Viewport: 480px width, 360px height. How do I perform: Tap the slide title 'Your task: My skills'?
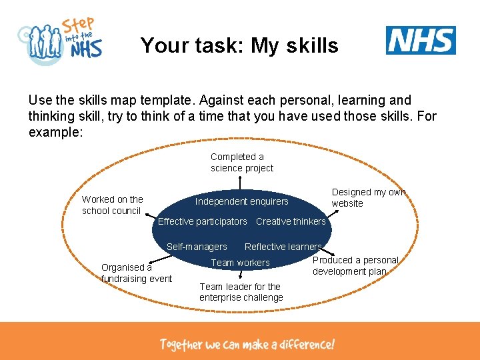[x=239, y=45]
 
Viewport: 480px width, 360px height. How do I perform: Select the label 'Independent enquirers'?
[x=242, y=201]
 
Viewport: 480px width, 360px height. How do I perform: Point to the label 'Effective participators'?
[x=202, y=221]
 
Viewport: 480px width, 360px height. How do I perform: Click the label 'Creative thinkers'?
[x=291, y=221]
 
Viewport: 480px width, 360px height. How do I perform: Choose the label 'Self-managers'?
[x=197, y=247]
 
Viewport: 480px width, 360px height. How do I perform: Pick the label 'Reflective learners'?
[x=283, y=247]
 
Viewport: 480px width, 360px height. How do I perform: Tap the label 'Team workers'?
[x=240, y=263]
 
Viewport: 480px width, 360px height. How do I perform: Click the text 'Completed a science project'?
[x=242, y=163]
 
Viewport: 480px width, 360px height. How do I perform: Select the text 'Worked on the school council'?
[x=112, y=205]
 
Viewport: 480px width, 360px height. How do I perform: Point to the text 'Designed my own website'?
[x=368, y=197]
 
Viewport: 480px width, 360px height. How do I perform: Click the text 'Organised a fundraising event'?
[x=136, y=273]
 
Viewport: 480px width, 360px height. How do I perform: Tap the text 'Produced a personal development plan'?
[x=355, y=265]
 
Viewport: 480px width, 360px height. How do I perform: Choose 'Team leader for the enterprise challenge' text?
[x=241, y=292]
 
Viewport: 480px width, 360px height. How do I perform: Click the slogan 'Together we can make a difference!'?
[x=247, y=345]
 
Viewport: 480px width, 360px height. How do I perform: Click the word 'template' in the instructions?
[x=185, y=101]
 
